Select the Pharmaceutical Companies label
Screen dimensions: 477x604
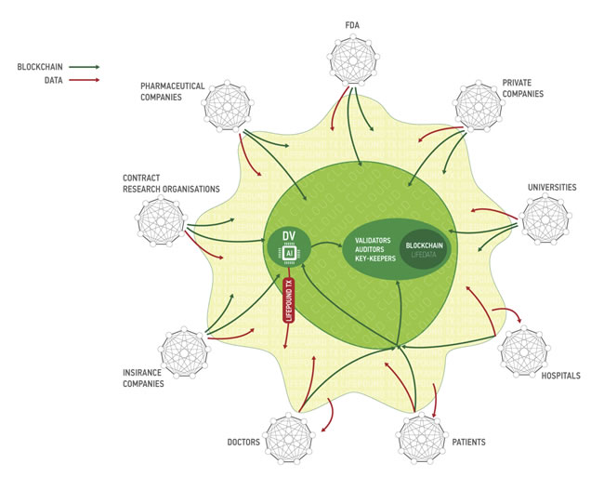coord(172,91)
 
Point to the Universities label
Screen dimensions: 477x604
coord(551,187)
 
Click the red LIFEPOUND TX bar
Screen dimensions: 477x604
coord(288,299)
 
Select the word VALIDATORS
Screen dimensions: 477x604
coord(374,239)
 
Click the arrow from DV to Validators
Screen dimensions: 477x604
coord(324,246)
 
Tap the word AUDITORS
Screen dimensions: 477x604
coord(374,251)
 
